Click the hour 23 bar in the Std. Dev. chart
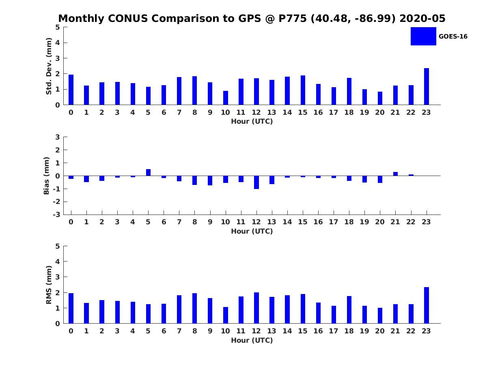pyautogui.click(x=427, y=86)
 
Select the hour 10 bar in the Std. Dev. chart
pyautogui.click(x=226, y=98)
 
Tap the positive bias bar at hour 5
pyautogui.click(x=149, y=172)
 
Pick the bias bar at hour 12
pyautogui.click(x=256, y=182)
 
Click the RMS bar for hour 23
pyautogui.click(x=427, y=305)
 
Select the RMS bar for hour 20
pyautogui.click(x=380, y=316)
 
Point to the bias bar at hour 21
pyautogui.click(x=396, y=174)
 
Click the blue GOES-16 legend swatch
pyautogui.click(x=423, y=36)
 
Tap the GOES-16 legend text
pyautogui.click(x=453, y=36)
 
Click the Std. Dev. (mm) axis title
pyautogui.click(x=49, y=66)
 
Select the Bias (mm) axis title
pyautogui.click(x=47, y=176)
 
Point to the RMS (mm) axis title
pyautogui.click(x=49, y=285)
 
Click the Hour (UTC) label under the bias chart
pyautogui.click(x=252, y=232)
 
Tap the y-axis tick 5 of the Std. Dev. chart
pyautogui.click(x=58, y=27)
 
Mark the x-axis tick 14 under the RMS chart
pyautogui.click(x=287, y=331)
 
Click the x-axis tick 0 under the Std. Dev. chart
pyautogui.click(x=71, y=112)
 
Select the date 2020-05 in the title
pyautogui.click(x=422, y=19)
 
